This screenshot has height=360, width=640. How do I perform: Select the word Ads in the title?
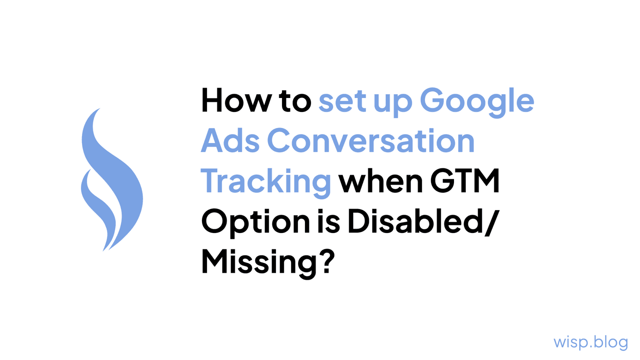coord(230,141)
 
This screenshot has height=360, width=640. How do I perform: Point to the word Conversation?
coord(371,141)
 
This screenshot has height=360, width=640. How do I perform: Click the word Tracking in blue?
coord(266,182)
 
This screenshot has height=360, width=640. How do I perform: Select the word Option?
coord(255,222)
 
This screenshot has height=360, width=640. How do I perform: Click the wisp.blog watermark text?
coord(590,342)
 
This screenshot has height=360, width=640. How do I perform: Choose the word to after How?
coord(296,101)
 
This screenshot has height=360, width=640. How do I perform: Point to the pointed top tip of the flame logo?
coord(99,109)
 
